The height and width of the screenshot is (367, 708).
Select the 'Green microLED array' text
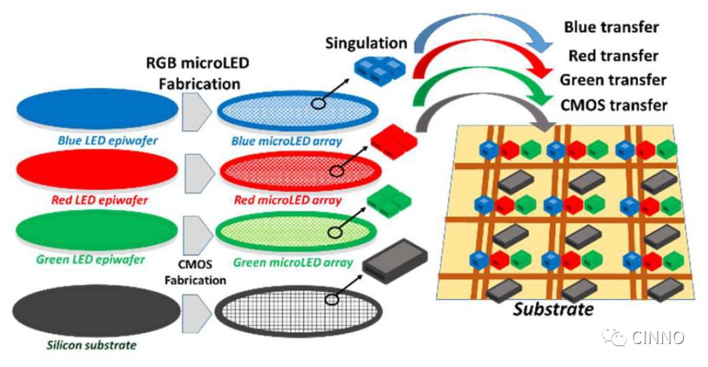tap(293, 263)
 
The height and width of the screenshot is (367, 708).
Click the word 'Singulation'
tap(366, 43)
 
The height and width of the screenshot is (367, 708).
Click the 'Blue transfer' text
tap(611, 28)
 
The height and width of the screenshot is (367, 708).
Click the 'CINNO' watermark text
tap(658, 337)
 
